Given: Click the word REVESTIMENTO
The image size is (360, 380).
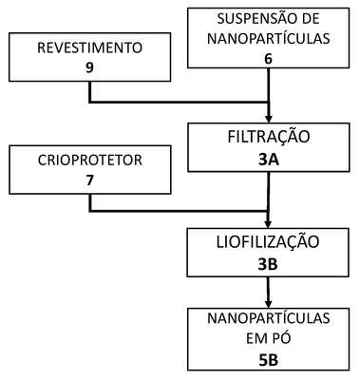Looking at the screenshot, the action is click(x=89, y=47).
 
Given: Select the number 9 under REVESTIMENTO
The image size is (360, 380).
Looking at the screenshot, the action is click(x=89, y=67).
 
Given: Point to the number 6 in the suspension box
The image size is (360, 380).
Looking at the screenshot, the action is click(x=268, y=59).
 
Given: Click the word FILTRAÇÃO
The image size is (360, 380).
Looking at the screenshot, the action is click(x=269, y=136).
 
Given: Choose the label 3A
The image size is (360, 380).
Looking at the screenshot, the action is click(x=269, y=160).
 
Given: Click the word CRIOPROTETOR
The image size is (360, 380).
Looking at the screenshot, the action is click(x=90, y=160).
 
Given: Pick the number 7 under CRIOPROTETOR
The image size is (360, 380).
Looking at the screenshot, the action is click(x=89, y=180).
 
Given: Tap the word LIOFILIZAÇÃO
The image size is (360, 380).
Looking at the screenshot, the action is click(x=268, y=241).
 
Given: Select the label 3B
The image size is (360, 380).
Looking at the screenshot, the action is click(x=268, y=265).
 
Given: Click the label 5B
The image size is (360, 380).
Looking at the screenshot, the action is click(x=268, y=360).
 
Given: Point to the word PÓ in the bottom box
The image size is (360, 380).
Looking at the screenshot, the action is click(x=282, y=338).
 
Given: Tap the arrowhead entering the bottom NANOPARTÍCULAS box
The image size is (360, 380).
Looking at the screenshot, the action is click(x=268, y=304).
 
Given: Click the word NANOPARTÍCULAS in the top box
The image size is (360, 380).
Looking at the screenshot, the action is click(x=269, y=39).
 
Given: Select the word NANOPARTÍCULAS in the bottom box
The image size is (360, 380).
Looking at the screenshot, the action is click(x=269, y=318).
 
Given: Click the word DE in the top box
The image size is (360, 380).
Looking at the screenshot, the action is click(x=309, y=19).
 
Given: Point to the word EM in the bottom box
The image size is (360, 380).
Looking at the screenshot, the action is click(x=257, y=339).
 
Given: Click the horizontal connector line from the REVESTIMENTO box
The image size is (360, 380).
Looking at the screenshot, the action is click(x=179, y=102).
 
